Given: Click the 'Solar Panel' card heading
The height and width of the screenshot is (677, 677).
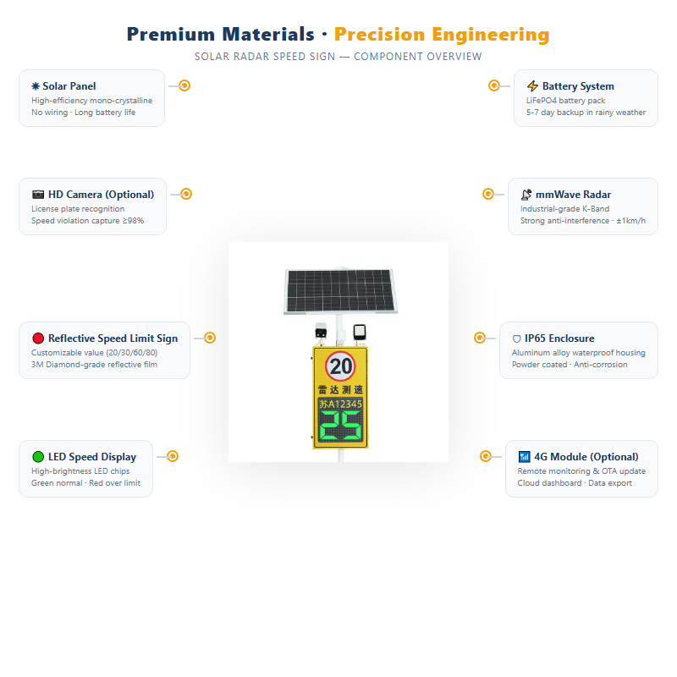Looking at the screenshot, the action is pos(69,86).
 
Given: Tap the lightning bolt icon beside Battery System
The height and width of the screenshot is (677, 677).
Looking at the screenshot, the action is pos(532,86).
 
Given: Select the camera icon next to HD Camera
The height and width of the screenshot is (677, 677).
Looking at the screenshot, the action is pos(38,195).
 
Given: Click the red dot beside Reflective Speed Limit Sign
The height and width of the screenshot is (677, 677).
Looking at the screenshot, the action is pos(38,338).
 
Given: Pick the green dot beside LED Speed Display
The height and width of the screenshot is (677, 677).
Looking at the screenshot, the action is pos(38,457).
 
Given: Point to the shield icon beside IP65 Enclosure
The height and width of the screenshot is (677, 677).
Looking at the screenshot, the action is pos(516,339).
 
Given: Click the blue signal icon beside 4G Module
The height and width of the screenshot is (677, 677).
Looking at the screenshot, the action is pos(524,457).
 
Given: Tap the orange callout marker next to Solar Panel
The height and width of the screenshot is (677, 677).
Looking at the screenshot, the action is pos(184,86).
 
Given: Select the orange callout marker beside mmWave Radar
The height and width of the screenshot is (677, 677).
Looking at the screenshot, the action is pos(488,195).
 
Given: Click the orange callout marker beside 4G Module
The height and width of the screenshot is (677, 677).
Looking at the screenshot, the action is pos(486,456).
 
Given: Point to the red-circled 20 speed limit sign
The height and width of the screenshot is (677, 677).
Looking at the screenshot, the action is pos(340,366).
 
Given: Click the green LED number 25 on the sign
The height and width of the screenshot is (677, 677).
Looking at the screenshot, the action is pos(340,426).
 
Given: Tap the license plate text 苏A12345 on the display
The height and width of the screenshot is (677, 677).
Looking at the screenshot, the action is pos(340,405).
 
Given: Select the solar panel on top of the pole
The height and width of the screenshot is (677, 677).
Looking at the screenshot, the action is pos(340,291).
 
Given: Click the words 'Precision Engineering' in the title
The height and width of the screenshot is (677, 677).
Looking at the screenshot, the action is pos(442,35).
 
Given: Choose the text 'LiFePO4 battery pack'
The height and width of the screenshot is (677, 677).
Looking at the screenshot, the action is pos(565,101).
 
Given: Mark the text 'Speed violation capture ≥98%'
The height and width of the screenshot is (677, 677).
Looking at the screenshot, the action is pos(88,221).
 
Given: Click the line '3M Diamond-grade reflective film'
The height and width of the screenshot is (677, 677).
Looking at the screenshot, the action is pos(94,365).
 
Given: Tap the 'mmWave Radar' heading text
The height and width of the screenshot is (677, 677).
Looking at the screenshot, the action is pos(573,195).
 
